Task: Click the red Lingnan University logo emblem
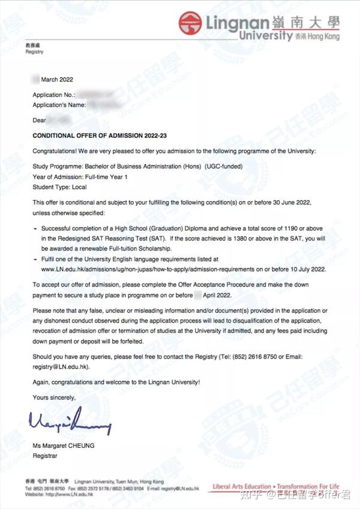[191, 24]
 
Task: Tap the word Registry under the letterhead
[34, 52]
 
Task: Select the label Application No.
[53, 95]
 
